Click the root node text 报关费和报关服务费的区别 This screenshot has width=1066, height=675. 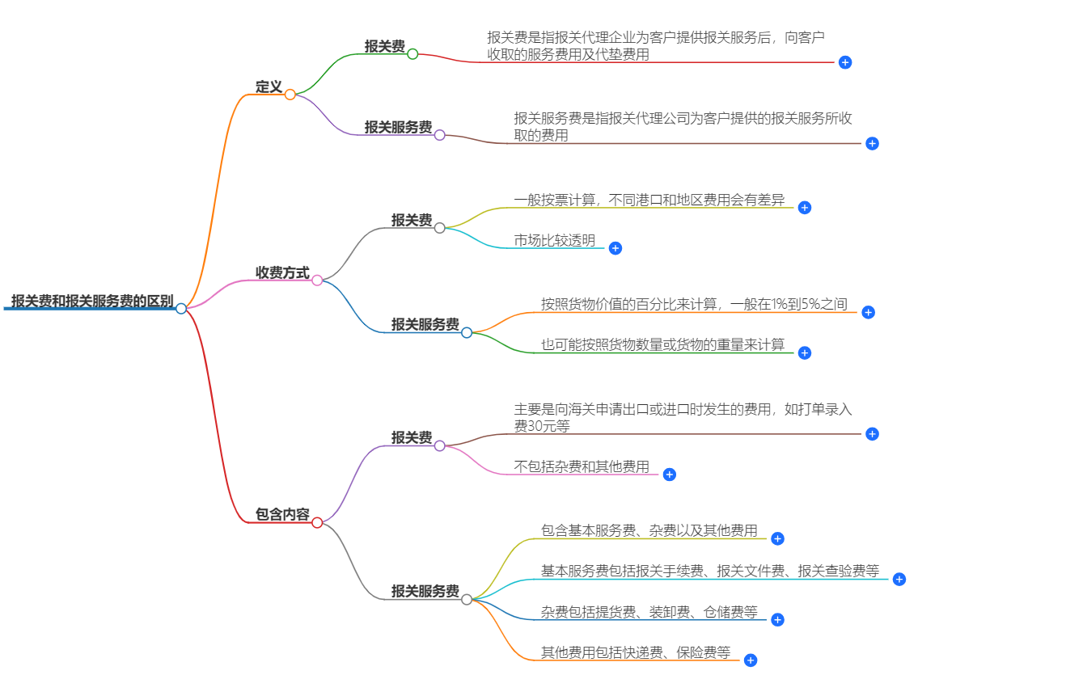point(91,301)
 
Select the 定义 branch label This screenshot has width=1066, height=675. point(269,86)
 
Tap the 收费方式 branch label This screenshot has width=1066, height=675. point(282,272)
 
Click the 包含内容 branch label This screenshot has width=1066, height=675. point(282,514)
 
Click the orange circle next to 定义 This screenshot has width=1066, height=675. point(290,95)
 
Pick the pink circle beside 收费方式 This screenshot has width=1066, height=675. point(317,281)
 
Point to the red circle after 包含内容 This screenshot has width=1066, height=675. point(317,522)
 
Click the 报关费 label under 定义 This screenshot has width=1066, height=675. point(384,46)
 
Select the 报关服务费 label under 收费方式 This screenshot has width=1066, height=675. point(425,324)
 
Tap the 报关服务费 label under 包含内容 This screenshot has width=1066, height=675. point(425,591)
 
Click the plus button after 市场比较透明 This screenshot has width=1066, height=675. point(615,248)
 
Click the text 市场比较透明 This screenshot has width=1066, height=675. point(554,240)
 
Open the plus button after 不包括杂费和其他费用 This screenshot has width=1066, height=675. point(669,475)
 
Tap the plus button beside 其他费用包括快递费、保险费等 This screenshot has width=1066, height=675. point(751,660)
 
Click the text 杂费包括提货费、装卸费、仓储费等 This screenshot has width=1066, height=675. point(649,612)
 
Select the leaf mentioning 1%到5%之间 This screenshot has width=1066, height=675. point(694,304)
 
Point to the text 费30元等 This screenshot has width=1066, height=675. point(541,425)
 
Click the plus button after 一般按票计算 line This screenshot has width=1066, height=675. point(804,208)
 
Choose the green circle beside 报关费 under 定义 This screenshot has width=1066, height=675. point(412,54)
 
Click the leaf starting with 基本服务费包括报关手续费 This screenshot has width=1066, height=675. point(709,571)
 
